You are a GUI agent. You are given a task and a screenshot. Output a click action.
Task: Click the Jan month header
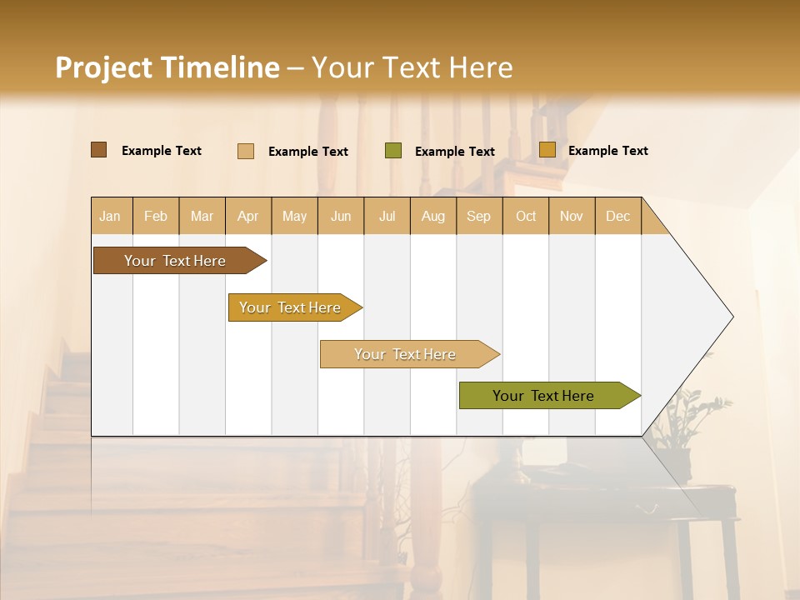pos(110,216)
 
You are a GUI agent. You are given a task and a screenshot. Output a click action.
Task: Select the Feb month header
pos(156,216)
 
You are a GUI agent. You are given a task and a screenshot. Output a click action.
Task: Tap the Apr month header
pos(247,216)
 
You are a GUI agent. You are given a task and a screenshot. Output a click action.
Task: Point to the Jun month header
pos(341,216)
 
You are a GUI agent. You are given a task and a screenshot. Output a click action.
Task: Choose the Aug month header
pos(432,216)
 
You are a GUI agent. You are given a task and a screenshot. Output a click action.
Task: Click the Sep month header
pos(478,216)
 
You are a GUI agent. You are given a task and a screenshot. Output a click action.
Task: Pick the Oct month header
pos(526,216)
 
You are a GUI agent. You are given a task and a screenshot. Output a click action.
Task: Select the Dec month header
pos(617,216)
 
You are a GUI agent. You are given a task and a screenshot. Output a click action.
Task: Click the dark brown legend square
pos(98,150)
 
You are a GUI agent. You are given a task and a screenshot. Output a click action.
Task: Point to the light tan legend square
pos(246,151)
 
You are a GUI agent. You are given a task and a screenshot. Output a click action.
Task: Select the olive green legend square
pos(393,151)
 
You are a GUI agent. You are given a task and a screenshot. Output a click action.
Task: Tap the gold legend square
pos(547,150)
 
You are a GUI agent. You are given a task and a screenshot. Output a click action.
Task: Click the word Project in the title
pos(104,67)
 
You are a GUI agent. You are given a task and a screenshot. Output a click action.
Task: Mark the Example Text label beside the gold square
pos(607,151)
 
